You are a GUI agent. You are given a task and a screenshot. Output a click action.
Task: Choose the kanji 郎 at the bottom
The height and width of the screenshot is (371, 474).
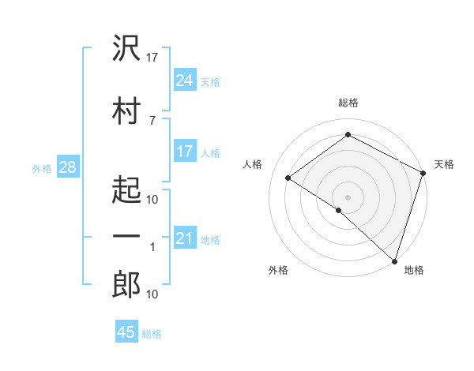(x=126, y=285)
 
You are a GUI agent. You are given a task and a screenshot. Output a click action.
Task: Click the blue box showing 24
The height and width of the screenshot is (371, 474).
(x=184, y=80)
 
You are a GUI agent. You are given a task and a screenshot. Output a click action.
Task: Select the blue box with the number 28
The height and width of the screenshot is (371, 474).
(x=66, y=167)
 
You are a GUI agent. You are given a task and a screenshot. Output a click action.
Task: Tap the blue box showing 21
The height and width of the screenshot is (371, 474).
(x=184, y=238)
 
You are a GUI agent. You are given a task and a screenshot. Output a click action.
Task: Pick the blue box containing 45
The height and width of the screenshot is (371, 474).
(x=126, y=332)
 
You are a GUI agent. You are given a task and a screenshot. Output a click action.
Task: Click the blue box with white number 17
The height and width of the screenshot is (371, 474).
(x=184, y=152)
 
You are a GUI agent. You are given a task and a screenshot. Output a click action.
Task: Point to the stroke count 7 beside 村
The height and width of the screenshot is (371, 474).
(x=152, y=120)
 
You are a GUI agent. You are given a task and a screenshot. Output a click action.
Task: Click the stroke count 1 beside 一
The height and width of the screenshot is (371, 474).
(x=152, y=247)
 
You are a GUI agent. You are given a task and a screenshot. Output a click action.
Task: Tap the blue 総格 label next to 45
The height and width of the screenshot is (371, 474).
(x=152, y=334)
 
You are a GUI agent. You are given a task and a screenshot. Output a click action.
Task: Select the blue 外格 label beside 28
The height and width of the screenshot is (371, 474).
(x=42, y=168)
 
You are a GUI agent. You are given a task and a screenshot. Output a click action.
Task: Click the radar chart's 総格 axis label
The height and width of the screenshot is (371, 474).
(x=348, y=103)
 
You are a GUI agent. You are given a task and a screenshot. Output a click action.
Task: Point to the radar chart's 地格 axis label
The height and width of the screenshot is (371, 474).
(x=414, y=271)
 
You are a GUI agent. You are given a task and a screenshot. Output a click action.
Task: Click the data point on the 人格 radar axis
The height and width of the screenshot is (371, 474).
(x=288, y=178)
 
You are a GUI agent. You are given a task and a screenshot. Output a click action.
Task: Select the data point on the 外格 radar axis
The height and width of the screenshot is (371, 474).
(x=338, y=210)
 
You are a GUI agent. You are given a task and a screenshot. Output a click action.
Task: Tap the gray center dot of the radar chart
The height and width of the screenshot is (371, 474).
(x=348, y=197)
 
